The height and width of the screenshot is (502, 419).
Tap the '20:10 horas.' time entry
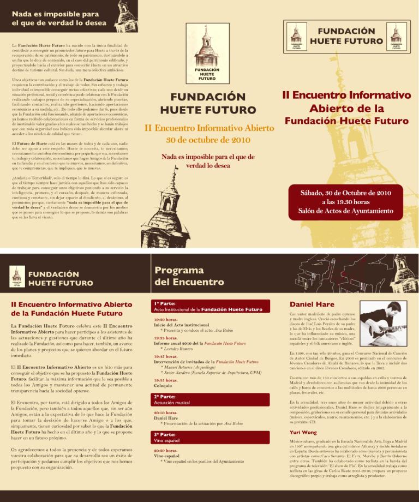(165, 413)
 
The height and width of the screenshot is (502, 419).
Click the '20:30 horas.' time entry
(165, 451)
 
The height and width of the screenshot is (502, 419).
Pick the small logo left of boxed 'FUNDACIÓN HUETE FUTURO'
(295, 37)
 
